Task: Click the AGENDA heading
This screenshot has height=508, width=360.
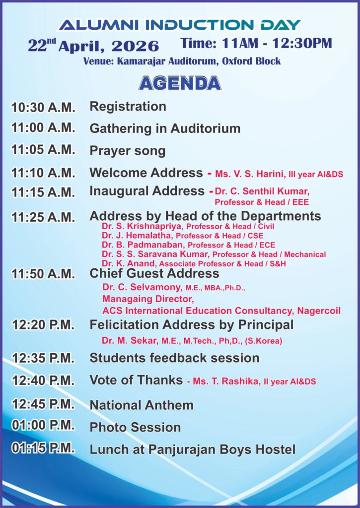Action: (x=180, y=83)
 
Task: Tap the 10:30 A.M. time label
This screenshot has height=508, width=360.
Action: (x=43, y=107)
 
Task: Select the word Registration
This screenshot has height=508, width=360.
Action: (x=128, y=107)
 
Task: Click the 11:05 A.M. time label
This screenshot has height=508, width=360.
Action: (x=43, y=150)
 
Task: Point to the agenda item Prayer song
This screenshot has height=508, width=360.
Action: (x=127, y=151)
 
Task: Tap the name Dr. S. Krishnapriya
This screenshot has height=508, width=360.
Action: (x=143, y=226)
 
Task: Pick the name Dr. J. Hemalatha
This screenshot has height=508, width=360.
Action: (x=138, y=236)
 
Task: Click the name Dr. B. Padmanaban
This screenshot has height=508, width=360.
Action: (x=144, y=245)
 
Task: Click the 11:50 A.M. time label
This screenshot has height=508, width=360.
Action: (x=43, y=274)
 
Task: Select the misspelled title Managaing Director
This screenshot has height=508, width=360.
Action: (x=148, y=299)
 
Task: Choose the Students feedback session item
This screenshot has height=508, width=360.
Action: (x=174, y=358)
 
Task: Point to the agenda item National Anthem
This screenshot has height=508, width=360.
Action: (x=142, y=405)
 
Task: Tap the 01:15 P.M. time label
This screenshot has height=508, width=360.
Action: (x=43, y=448)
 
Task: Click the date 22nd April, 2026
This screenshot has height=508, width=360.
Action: (x=93, y=46)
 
